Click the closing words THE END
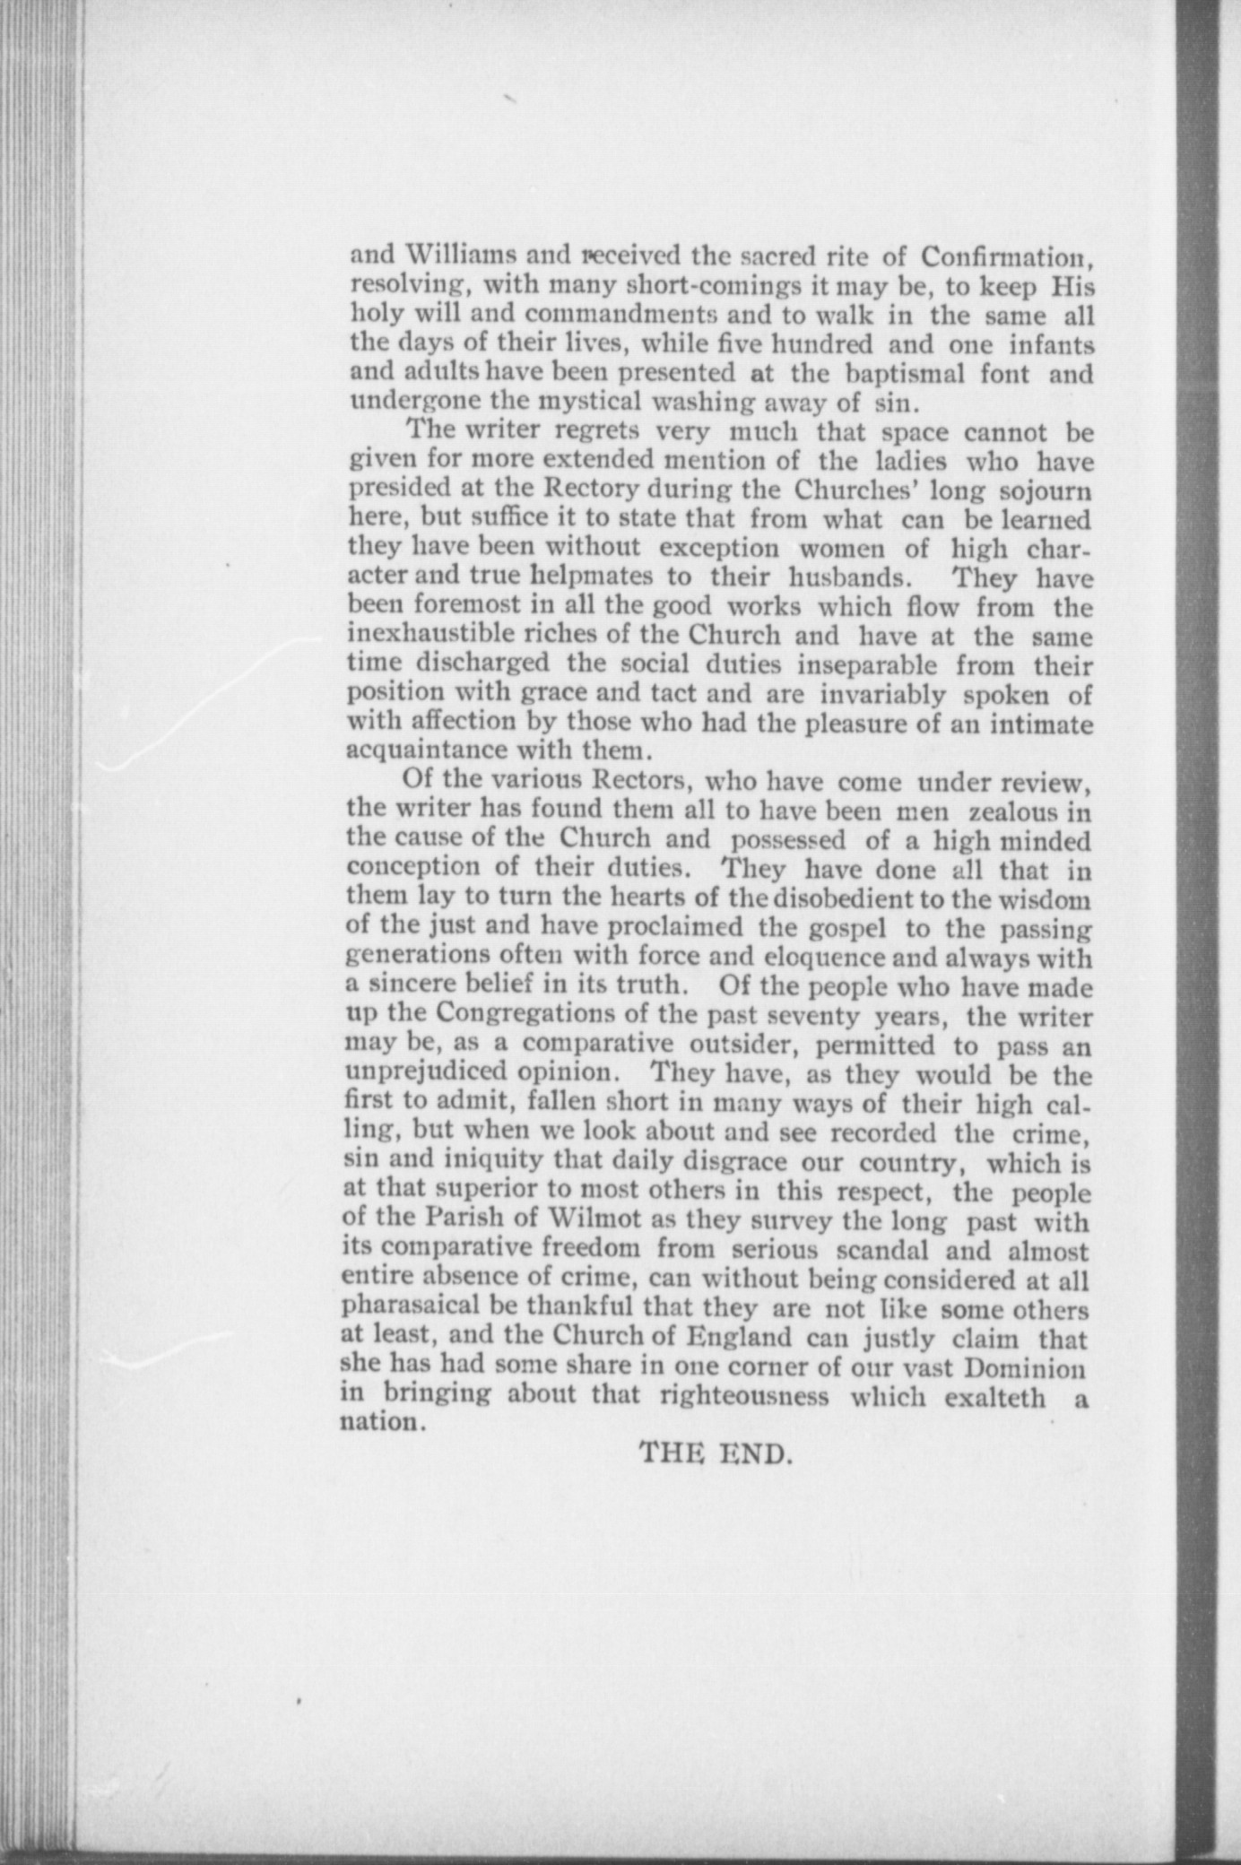point(717,1451)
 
